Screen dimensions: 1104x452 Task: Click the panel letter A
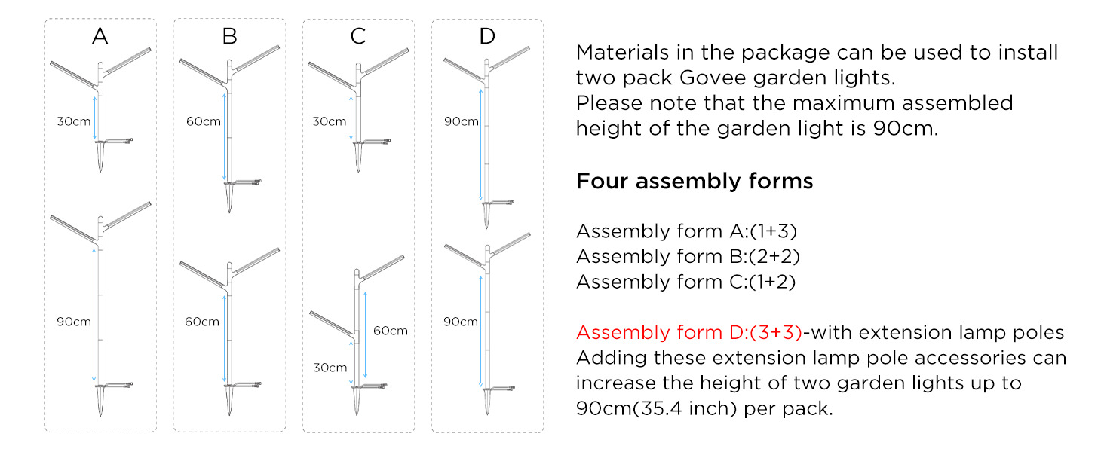[x=100, y=36]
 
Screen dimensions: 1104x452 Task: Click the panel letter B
[x=230, y=36]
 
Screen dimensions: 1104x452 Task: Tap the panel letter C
[x=358, y=36]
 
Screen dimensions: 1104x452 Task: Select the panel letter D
[x=487, y=36]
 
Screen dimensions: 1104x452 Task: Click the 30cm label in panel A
[x=73, y=121]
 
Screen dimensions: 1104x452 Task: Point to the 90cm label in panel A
[x=73, y=322]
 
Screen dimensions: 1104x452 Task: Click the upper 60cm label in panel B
[x=203, y=121]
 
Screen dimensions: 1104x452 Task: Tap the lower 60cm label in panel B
[x=201, y=322]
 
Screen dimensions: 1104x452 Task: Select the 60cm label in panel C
[x=391, y=331]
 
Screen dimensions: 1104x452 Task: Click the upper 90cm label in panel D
[x=462, y=121]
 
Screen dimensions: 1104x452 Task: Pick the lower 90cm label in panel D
[x=460, y=322]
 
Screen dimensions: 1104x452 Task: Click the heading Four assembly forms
[x=695, y=182]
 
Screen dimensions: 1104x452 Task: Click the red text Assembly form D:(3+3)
[x=689, y=332]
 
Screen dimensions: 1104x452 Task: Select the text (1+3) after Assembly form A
[x=773, y=231]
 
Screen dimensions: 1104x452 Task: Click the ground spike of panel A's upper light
[x=100, y=157]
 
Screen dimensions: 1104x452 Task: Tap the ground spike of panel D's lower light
[x=487, y=402]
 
